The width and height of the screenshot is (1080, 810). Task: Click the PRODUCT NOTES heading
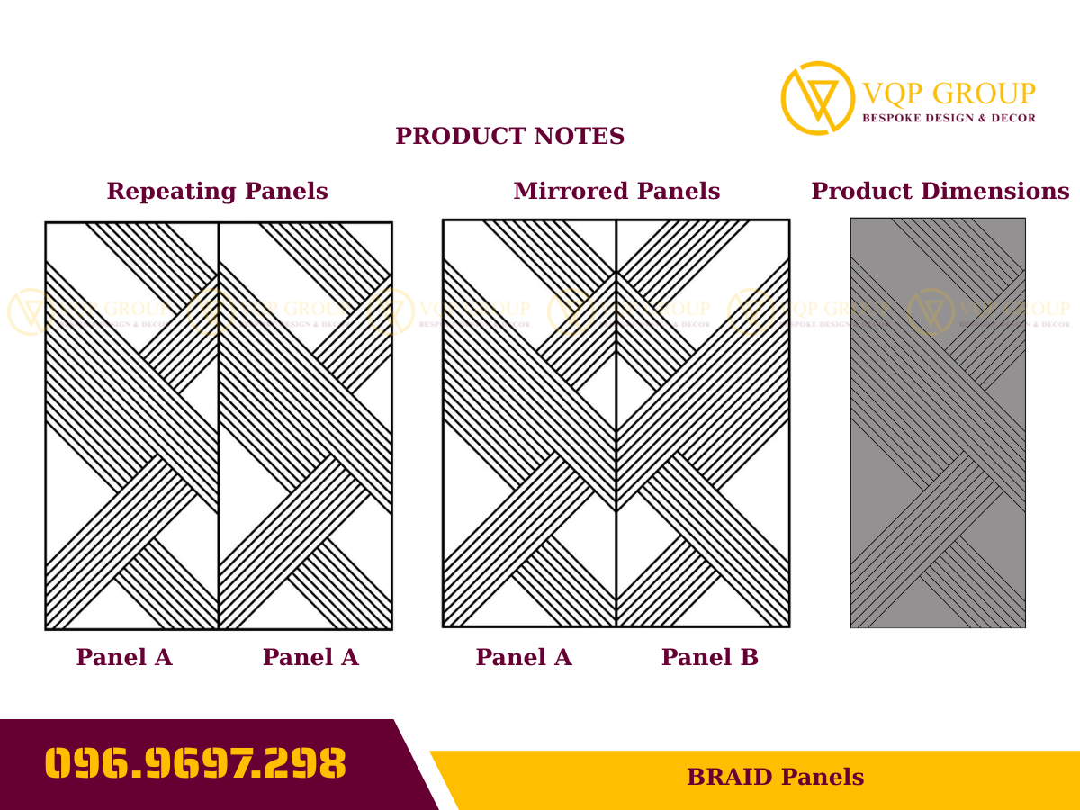[509, 137]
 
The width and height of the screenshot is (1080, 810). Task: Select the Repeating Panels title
[217, 192]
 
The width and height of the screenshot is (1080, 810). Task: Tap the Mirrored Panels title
[616, 192]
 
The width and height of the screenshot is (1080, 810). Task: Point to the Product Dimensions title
[940, 192]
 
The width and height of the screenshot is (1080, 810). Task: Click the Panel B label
[710, 658]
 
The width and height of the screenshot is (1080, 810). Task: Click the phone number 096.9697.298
[195, 764]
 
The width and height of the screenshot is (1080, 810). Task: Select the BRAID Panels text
[775, 778]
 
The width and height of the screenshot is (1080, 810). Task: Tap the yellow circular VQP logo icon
[817, 98]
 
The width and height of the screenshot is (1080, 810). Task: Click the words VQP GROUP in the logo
[949, 94]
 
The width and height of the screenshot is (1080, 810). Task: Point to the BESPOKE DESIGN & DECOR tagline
[949, 118]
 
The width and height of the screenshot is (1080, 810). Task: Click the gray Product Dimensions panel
[938, 423]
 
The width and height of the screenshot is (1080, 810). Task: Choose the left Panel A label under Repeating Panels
[124, 658]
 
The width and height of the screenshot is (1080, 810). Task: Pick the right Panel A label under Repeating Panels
[310, 658]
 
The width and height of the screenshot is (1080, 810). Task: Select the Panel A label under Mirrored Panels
[524, 658]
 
